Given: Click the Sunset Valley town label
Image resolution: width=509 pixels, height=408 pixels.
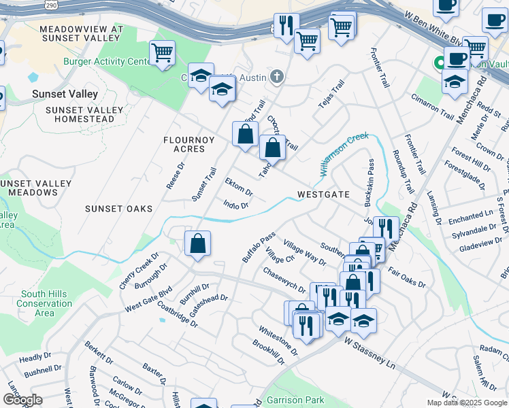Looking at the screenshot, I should [65, 94].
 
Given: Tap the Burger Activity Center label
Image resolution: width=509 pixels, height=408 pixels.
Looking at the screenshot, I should [106, 62].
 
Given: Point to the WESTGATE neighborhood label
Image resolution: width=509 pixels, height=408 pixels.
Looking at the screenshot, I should [323, 194].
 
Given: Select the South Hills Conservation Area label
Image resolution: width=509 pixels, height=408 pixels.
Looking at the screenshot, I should [44, 303].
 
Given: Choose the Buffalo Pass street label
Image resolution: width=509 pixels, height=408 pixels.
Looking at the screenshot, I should [259, 248].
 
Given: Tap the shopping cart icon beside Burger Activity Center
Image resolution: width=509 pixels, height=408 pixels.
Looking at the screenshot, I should [163, 52].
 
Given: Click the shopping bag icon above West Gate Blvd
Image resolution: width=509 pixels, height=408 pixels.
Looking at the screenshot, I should [197, 243].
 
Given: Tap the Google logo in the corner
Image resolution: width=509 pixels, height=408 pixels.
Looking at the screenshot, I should [22, 399].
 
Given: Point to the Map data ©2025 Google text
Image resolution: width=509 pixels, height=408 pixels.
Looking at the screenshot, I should [467, 403].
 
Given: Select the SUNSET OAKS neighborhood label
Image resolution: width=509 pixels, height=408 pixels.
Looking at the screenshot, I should [118, 209].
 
